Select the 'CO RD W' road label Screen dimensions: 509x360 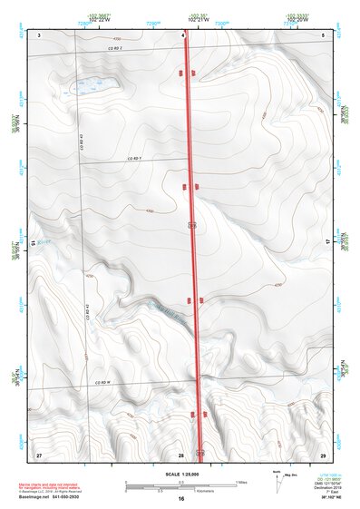point(102,383)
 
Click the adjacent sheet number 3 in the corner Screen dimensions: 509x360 point(39,34)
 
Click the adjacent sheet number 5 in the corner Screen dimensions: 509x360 point(324,34)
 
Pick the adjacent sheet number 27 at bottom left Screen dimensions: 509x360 point(39,453)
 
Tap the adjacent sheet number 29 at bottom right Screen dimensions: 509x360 point(323,453)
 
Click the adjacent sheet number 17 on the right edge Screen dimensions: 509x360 point(326,243)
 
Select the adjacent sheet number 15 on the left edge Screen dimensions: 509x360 point(34,243)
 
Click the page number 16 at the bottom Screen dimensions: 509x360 point(181,499)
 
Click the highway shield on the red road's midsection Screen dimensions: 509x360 point(193,222)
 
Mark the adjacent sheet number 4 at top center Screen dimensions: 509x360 point(182,34)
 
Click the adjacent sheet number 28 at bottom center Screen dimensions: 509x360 point(182,453)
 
